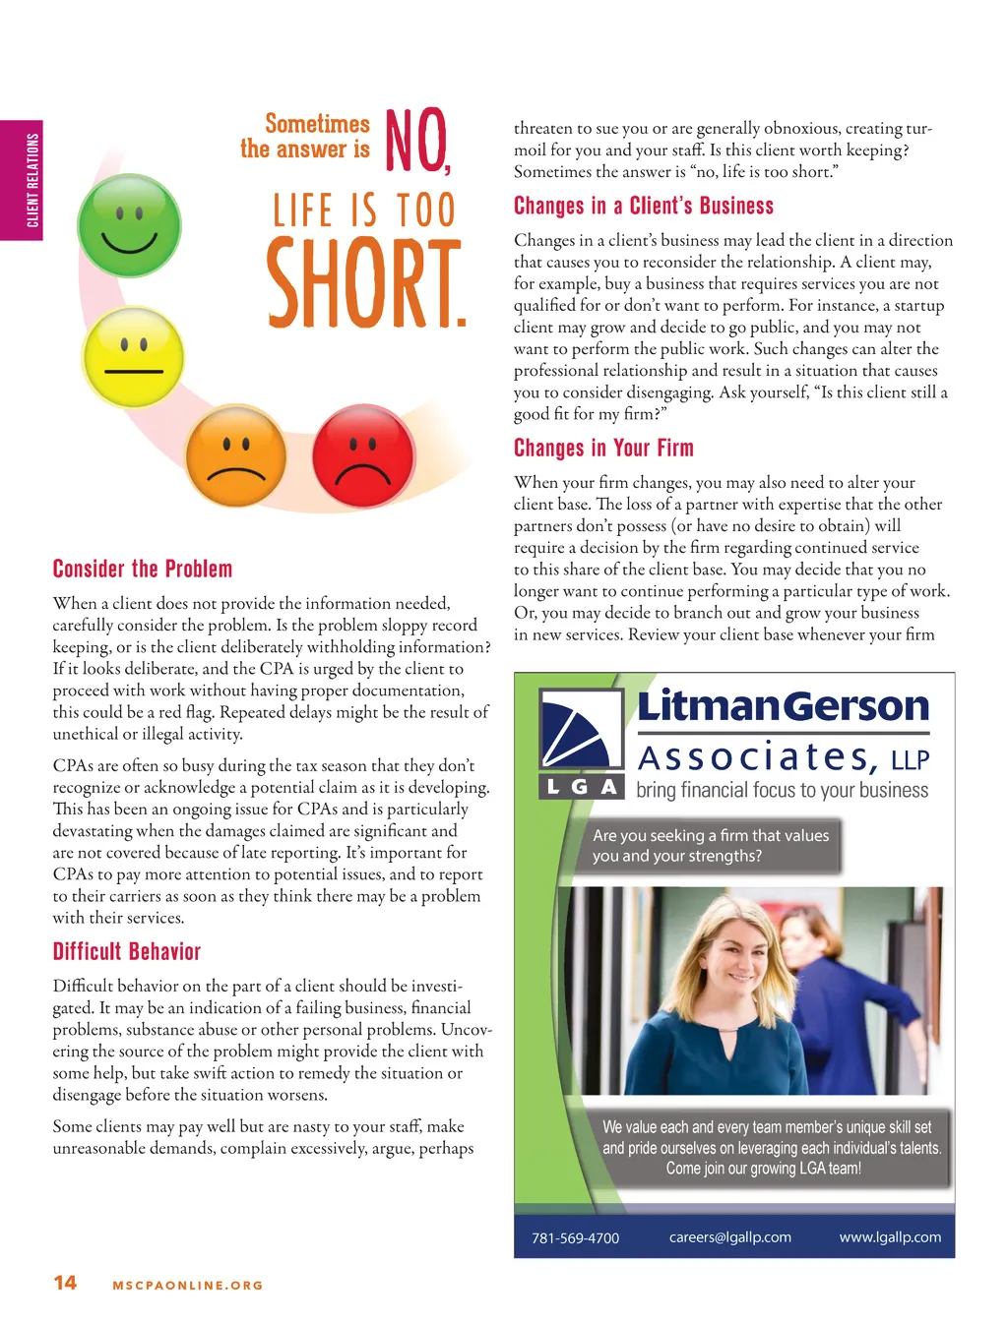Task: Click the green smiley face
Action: pos(129,225)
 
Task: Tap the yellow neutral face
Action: pos(134,356)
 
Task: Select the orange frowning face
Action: pos(236,457)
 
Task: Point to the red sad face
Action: pos(362,457)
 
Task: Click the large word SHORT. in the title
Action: pos(365,284)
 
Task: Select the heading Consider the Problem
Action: pos(143,570)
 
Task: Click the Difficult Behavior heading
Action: pos(127,951)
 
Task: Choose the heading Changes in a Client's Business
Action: pos(644,207)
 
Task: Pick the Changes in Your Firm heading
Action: pos(603,449)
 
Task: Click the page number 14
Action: pos(65,1283)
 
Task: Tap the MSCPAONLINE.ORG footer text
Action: pos(188,1286)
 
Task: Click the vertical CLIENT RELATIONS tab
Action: pos(32,180)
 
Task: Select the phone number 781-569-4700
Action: pos(576,1238)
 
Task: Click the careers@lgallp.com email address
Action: pos(729,1237)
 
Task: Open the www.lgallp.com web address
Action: pos(890,1237)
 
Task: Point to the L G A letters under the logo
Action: pos(582,786)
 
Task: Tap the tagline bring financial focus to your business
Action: pos(782,790)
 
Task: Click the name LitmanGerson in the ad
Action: pos(784,706)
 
